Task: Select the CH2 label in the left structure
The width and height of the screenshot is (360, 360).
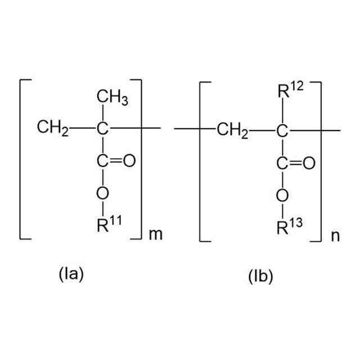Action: click(52, 129)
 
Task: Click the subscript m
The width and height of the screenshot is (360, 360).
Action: click(155, 234)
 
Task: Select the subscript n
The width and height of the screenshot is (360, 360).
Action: click(335, 236)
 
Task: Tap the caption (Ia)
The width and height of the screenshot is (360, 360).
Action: click(71, 274)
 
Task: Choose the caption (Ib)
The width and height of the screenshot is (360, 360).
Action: click(259, 277)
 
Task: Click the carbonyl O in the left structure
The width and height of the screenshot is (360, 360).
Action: click(129, 161)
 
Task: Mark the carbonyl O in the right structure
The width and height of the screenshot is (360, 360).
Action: click(308, 164)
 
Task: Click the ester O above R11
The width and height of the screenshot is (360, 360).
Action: click(102, 193)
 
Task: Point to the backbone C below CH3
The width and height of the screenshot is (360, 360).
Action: click(102, 129)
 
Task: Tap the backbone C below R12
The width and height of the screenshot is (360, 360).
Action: click(282, 132)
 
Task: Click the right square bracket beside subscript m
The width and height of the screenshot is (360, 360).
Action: click(141, 160)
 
